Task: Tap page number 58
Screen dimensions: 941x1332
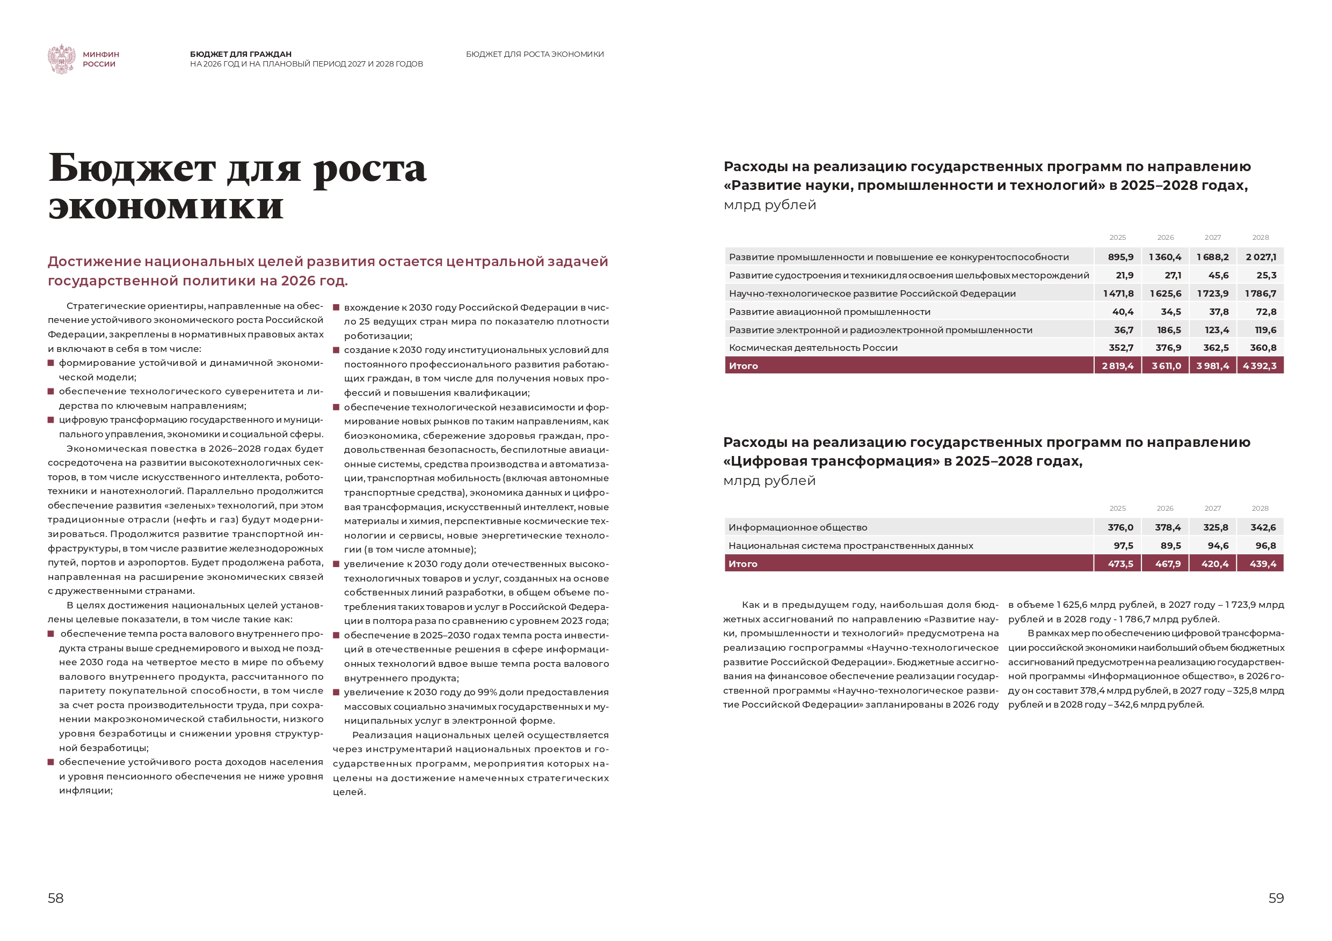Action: click(x=56, y=898)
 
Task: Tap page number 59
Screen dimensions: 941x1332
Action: click(x=1276, y=898)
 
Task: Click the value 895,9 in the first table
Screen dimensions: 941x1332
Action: click(x=1120, y=257)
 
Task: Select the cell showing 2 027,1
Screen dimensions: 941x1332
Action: click(x=1261, y=257)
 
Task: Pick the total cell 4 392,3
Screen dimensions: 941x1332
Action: click(x=1260, y=366)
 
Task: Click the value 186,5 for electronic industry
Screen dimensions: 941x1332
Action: click(x=1168, y=330)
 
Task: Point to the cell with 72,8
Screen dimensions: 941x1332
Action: click(x=1266, y=311)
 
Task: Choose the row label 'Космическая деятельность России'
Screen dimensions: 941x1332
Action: click(x=813, y=348)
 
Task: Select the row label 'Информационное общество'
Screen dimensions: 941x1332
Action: click(x=798, y=527)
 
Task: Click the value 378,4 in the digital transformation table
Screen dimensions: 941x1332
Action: click(x=1167, y=527)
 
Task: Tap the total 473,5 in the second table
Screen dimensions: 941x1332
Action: click(x=1120, y=563)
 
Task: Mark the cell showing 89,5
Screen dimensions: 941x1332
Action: click(x=1170, y=546)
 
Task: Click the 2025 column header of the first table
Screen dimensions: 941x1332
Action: click(x=1117, y=238)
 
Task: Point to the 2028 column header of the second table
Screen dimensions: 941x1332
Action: click(x=1260, y=509)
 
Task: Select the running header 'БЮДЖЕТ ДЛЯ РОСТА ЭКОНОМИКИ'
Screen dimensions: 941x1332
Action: click(x=534, y=55)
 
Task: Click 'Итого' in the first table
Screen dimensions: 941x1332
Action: click(x=743, y=366)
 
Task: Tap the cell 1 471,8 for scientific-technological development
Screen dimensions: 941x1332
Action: click(x=1118, y=293)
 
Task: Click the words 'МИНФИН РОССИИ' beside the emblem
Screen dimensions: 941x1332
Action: click(x=100, y=59)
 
